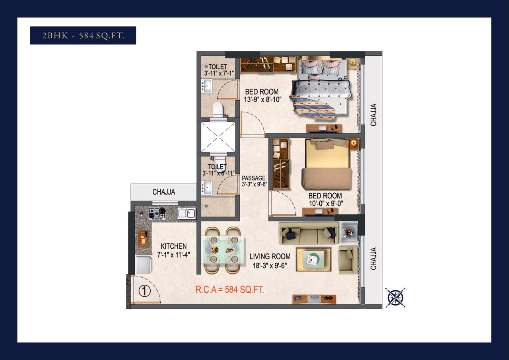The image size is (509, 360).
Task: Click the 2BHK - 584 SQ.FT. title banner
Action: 83,35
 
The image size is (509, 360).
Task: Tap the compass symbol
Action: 395,297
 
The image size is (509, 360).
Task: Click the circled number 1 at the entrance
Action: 144,291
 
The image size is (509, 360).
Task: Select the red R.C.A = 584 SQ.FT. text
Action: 229,290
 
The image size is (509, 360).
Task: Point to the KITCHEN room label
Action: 173,247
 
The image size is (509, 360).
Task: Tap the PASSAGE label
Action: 254,178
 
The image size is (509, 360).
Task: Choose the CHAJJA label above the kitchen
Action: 163,192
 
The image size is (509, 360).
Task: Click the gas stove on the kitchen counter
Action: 157,213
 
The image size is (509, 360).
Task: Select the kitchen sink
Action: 186,213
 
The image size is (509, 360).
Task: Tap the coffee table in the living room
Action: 313,259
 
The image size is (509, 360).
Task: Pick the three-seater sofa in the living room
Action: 309,234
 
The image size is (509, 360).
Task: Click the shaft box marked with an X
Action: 218,136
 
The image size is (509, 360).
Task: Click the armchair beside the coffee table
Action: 348,259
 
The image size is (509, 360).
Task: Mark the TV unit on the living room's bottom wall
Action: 314,300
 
